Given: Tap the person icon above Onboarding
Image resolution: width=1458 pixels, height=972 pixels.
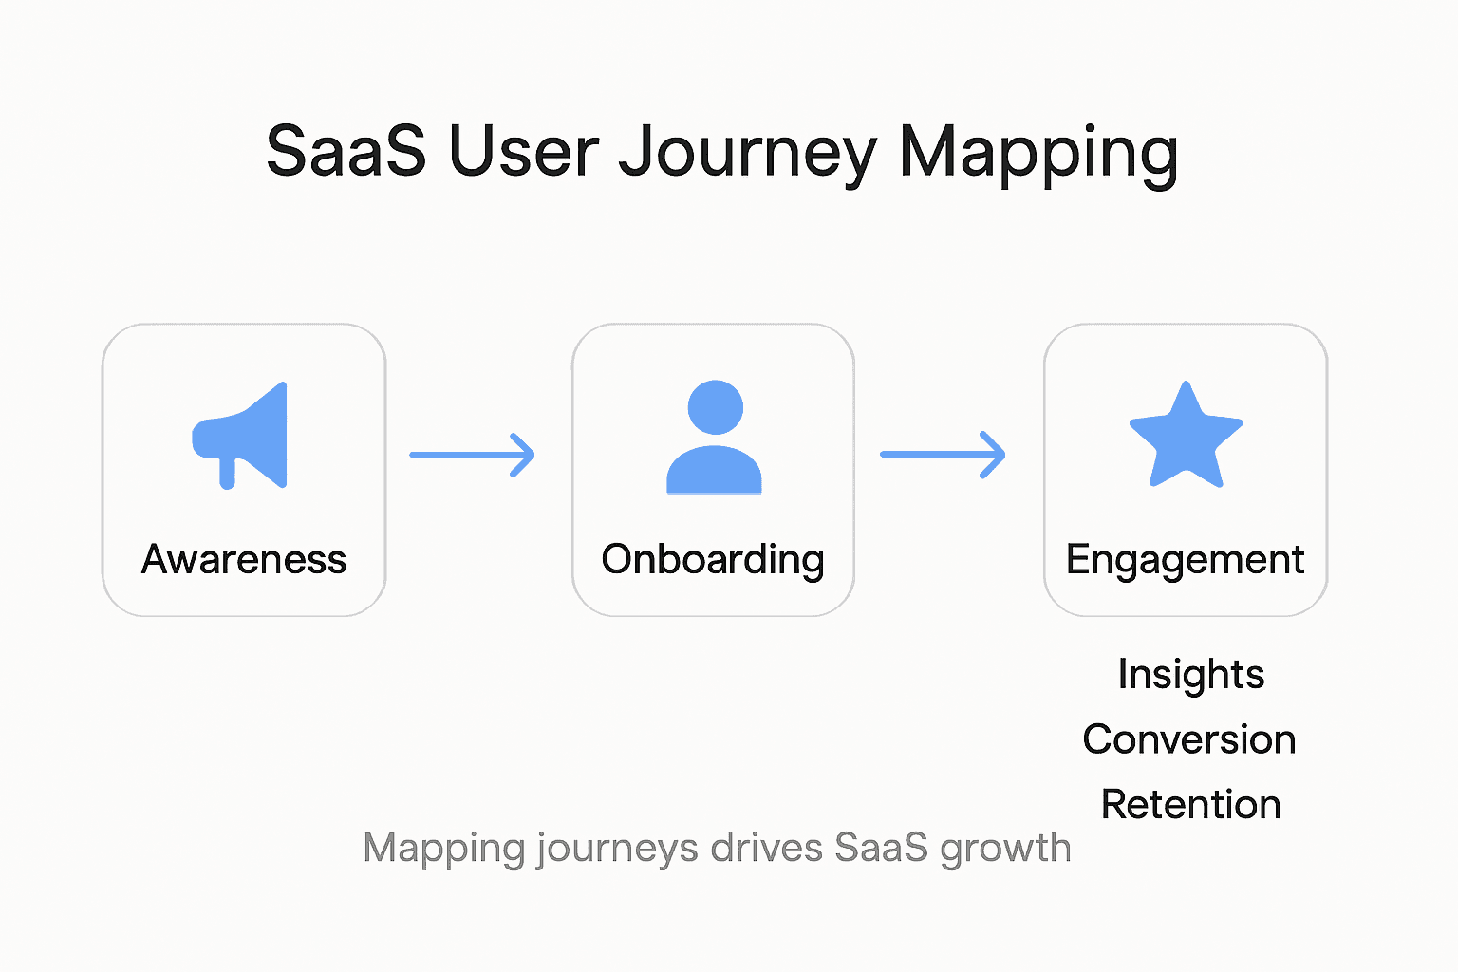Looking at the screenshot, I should (x=714, y=438).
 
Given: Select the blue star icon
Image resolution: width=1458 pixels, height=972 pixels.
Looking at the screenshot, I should (x=1186, y=437).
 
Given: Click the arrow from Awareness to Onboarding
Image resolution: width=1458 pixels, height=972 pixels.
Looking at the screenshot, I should (x=472, y=455).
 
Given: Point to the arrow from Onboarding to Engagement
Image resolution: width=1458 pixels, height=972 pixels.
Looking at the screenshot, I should (x=943, y=455).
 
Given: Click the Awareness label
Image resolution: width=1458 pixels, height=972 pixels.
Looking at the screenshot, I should (x=244, y=559).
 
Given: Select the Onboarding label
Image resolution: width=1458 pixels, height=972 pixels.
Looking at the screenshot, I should (x=713, y=559).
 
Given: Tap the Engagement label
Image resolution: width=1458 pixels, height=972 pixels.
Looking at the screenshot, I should (x=1186, y=559).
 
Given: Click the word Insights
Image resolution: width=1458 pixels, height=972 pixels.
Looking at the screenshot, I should (x=1190, y=675).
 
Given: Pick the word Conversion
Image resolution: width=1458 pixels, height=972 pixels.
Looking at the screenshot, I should (x=1189, y=739).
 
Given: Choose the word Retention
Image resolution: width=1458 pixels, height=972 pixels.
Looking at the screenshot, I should (x=1190, y=804).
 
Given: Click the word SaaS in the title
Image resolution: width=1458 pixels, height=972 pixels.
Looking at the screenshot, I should (x=346, y=151).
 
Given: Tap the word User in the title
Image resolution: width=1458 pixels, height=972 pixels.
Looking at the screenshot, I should (x=524, y=151).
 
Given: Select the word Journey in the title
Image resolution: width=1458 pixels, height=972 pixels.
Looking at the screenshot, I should (x=748, y=153).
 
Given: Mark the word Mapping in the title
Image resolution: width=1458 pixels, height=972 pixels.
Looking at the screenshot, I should (x=1037, y=153).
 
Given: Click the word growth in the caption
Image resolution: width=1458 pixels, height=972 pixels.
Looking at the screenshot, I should (x=1005, y=848).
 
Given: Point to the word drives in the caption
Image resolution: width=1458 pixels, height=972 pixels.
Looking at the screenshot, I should (x=766, y=848).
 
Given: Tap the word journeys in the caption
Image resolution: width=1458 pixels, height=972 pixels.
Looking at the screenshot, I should (x=617, y=848).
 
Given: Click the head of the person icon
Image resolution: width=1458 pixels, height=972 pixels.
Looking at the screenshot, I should (x=715, y=407).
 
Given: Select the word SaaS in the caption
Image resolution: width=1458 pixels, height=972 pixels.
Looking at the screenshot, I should (x=881, y=848).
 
